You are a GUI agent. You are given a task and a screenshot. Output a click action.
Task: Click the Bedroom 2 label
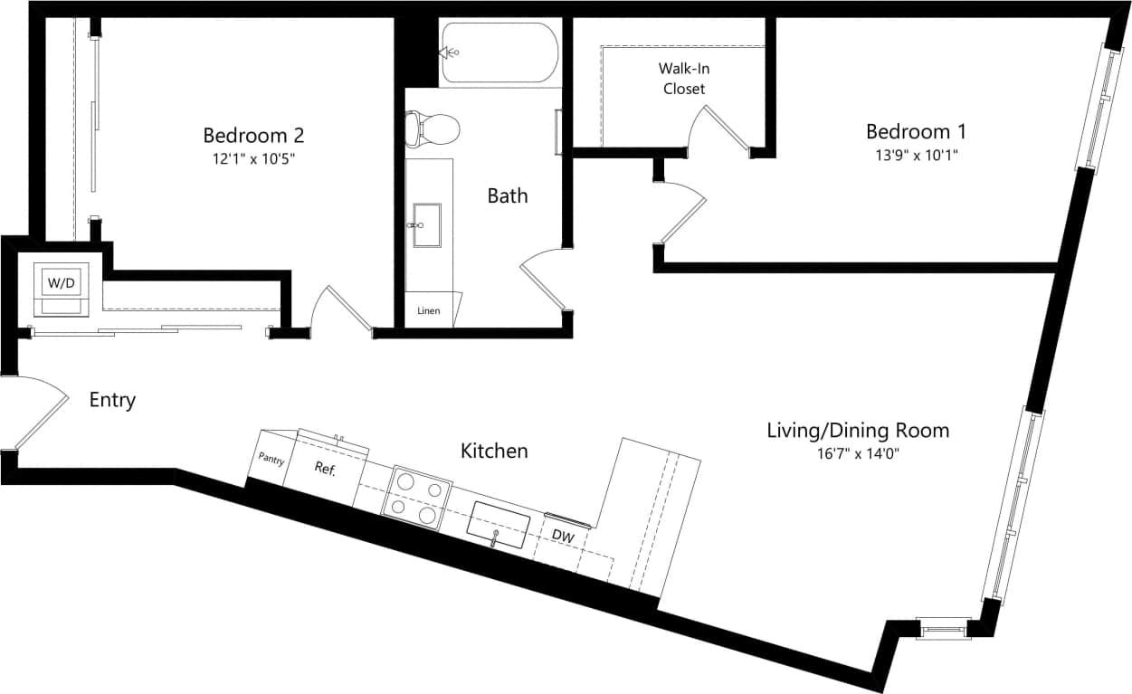(x=253, y=136)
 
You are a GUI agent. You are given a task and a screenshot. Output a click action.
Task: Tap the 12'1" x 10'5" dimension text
(x=253, y=158)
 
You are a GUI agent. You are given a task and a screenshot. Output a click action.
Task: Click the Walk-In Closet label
(x=683, y=78)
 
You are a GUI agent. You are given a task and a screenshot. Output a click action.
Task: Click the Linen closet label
(x=429, y=311)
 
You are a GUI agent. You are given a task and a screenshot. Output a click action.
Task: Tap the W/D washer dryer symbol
(x=62, y=282)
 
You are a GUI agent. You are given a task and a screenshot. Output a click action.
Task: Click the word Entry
(x=112, y=400)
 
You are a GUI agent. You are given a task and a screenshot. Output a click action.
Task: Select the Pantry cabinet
(x=271, y=460)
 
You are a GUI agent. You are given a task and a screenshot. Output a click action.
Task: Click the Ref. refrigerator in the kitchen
(x=326, y=469)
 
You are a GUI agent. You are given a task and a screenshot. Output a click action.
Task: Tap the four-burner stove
(x=417, y=499)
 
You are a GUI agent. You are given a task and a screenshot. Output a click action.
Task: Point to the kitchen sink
(x=498, y=525)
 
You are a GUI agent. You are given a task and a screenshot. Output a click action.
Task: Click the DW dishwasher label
(x=563, y=536)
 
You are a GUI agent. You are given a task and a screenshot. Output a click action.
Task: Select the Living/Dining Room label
(x=858, y=430)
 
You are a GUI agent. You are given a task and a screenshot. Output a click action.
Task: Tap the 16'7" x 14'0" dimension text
(x=858, y=453)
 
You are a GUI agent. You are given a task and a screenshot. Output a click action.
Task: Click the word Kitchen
(x=494, y=451)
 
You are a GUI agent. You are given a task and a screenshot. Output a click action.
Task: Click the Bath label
(x=507, y=195)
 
